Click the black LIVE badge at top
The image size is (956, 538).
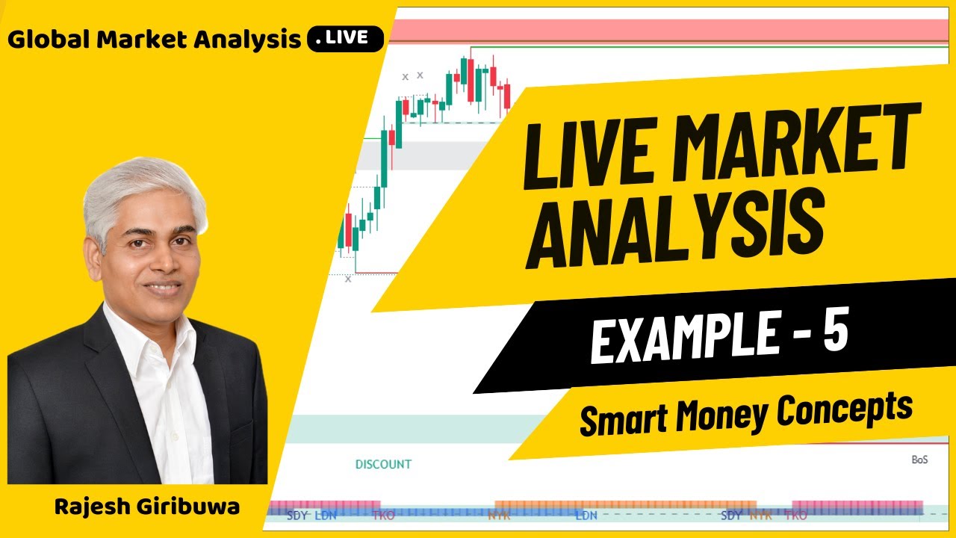point(345,39)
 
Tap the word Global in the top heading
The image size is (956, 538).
point(43,40)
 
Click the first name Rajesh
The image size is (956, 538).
point(93,507)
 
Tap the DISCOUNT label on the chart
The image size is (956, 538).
point(383,464)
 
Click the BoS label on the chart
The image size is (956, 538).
point(919,460)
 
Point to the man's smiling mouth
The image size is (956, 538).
point(163,288)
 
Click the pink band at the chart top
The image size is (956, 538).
point(672,31)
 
